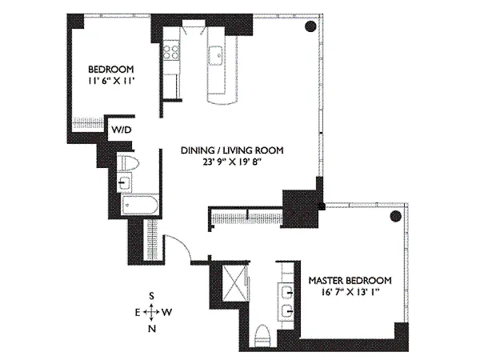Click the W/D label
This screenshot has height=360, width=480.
click(122, 130)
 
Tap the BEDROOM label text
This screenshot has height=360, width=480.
click(111, 69)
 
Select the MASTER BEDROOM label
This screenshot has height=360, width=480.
click(350, 281)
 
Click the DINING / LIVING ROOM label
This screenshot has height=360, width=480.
click(232, 150)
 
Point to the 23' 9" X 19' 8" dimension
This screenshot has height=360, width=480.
click(232, 162)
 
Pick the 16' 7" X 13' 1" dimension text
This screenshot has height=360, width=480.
click(350, 292)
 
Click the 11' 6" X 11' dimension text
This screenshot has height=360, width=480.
click(111, 81)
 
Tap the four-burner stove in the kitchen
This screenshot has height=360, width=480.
click(171, 52)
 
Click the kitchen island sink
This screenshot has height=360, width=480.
click(216, 55)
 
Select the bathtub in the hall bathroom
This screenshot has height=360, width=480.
click(140, 204)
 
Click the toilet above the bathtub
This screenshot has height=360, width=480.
click(128, 163)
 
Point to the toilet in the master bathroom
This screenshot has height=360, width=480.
click(262, 335)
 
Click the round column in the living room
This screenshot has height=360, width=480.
click(310, 26)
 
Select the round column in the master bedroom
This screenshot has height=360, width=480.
click(395, 217)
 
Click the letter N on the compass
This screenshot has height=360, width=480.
click(151, 329)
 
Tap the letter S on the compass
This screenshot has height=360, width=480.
click(151, 296)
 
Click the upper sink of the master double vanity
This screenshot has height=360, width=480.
click(286, 293)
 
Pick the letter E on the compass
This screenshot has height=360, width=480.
click(138, 313)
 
